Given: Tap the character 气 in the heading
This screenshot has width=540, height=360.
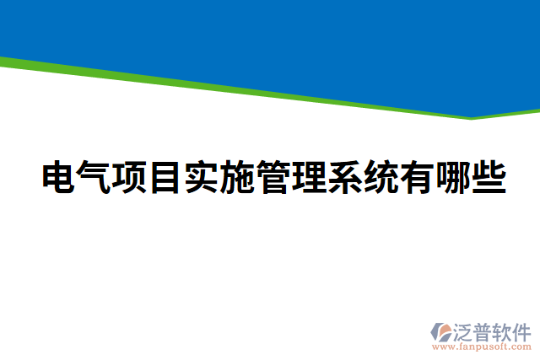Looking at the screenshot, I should coord(94,177).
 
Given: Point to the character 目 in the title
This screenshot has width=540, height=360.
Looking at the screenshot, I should coord(166,177).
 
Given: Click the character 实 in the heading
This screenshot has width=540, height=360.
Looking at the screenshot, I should coord(202,177).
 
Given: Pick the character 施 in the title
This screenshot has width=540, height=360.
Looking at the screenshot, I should coord(238,177).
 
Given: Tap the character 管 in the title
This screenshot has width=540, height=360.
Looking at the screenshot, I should coord(273,177).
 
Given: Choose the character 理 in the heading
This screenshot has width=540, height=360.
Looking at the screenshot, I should coord(310,177).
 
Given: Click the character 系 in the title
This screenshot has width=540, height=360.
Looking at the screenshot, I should coord(345,177).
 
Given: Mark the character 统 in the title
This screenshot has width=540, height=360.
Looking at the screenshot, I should coord(381,177).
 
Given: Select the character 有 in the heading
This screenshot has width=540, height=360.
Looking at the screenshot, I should coord(417,177).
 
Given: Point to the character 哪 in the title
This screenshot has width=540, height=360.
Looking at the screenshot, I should coord(453,177).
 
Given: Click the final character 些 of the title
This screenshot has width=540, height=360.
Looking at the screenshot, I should coord(489,177).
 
